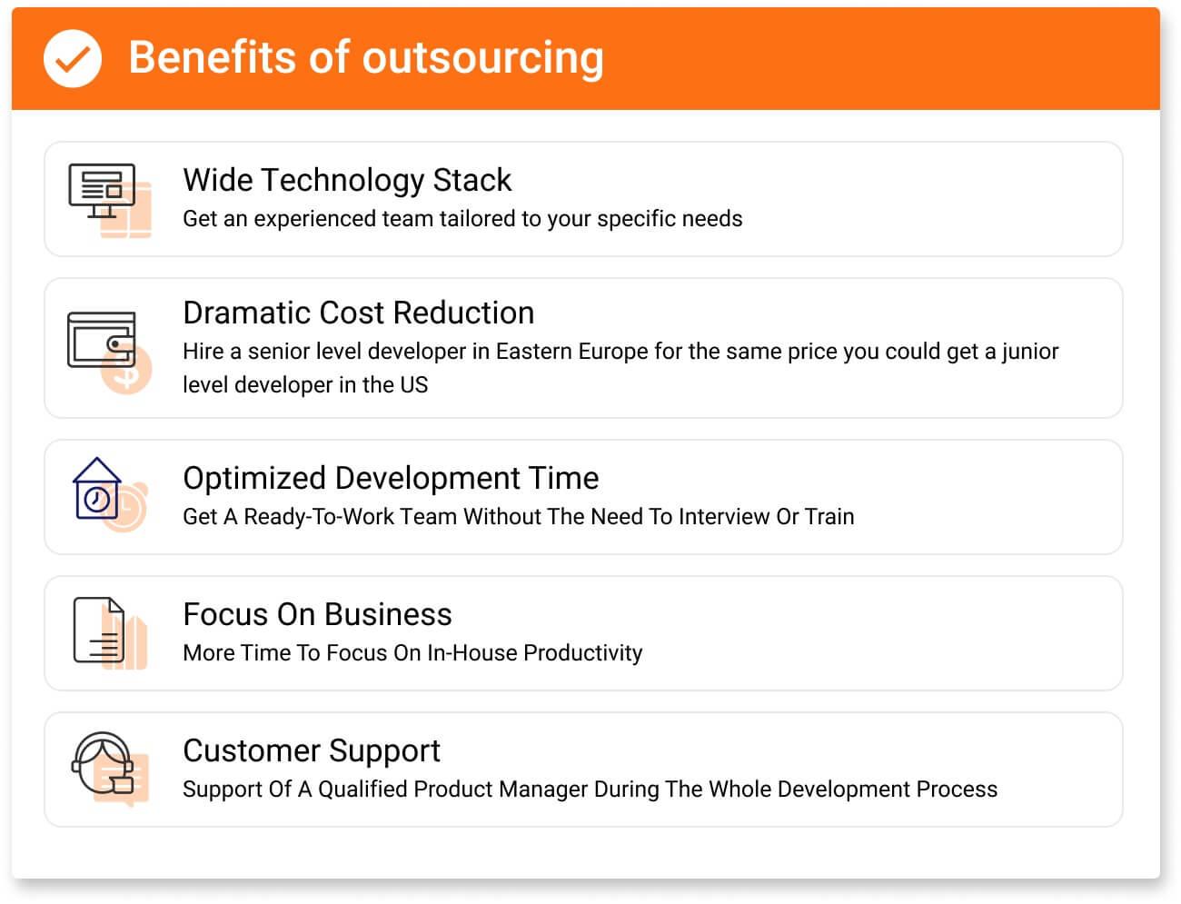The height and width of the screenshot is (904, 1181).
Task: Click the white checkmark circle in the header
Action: [x=73, y=58]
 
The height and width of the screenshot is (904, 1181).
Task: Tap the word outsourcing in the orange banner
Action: [x=483, y=59]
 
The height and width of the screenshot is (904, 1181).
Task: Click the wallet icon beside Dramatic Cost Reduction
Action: [x=101, y=340]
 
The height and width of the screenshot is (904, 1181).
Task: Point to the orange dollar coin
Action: [x=127, y=370]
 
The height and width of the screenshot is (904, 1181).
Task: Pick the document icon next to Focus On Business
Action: [x=99, y=631]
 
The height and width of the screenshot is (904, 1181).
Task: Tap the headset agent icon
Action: [x=103, y=763]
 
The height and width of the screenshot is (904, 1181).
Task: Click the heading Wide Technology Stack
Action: [x=347, y=180]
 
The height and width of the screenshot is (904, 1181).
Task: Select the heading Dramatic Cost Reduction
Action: [x=359, y=313]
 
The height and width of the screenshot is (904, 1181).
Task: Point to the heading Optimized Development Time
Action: [x=392, y=479]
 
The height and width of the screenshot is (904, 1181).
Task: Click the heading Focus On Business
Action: [x=317, y=614]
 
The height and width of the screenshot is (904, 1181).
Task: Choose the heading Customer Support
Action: [x=312, y=751]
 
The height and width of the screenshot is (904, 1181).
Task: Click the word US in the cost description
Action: [x=413, y=385]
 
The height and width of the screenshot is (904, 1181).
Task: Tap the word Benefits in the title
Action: [x=213, y=57]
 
